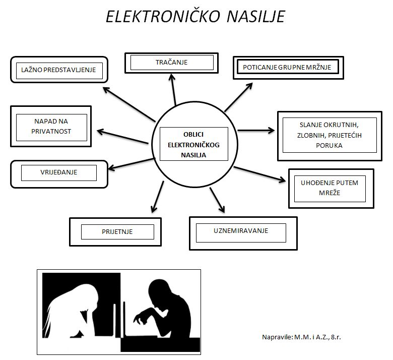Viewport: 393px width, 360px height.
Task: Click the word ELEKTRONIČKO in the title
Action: point(163,17)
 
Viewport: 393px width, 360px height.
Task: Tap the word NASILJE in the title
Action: point(255,17)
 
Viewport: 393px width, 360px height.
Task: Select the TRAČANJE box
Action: point(171,63)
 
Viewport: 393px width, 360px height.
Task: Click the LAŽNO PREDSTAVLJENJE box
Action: point(59,70)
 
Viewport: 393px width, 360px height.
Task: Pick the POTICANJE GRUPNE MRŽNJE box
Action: point(288,68)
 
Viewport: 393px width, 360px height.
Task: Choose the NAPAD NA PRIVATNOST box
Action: point(51,126)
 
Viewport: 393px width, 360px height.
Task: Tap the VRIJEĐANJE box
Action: point(59,174)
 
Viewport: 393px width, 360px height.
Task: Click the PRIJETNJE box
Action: point(115,232)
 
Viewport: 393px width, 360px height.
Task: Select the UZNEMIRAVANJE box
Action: point(243,233)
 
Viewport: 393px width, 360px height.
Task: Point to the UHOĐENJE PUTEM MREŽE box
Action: point(331,189)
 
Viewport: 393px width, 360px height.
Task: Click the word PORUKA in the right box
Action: point(329,146)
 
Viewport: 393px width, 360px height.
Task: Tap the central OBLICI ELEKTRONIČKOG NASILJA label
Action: point(194,145)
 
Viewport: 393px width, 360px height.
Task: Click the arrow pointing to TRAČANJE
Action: point(173,89)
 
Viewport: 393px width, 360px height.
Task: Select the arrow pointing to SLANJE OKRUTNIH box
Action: point(256,131)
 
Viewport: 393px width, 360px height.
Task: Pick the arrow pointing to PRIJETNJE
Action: point(157,197)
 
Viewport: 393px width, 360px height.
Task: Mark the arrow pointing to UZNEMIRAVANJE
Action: point(217,200)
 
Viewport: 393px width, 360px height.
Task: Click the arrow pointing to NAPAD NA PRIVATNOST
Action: point(122,137)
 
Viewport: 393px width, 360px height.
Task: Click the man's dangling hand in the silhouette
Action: point(139,319)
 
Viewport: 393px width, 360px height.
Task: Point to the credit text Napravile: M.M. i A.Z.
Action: point(301,337)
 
